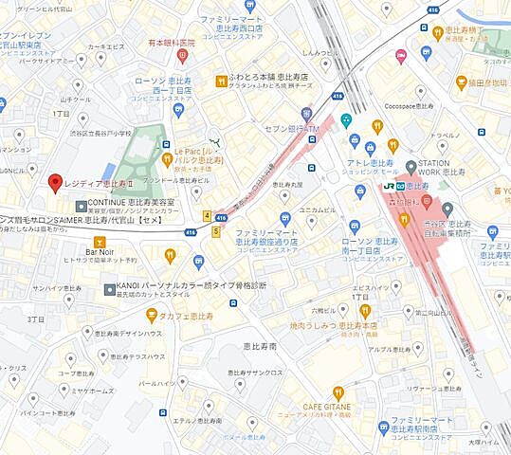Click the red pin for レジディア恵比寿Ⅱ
click(55, 182)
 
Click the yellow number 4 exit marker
click(207, 216)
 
